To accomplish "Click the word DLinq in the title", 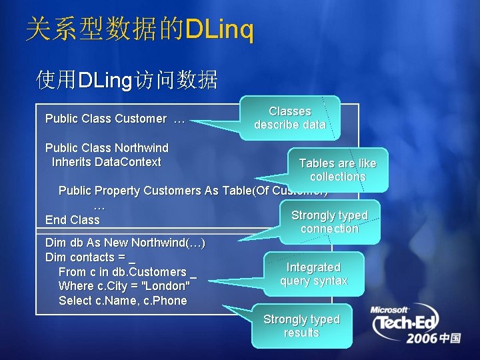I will [220, 30].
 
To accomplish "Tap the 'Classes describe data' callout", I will [290, 118].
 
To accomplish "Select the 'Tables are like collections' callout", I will [337, 169].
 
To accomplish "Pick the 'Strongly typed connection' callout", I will [329, 221].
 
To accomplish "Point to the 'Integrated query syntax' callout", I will [313, 273].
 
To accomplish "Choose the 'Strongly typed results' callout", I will [301, 325].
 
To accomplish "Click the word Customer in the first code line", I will [141, 119].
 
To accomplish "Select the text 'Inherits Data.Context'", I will [107, 161].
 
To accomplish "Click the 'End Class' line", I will [72, 219].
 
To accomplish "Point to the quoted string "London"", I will [167, 285].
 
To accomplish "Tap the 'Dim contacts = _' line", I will [90, 257].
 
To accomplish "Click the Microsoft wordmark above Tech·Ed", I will [390, 310].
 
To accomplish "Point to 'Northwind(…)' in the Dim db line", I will [168, 242].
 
